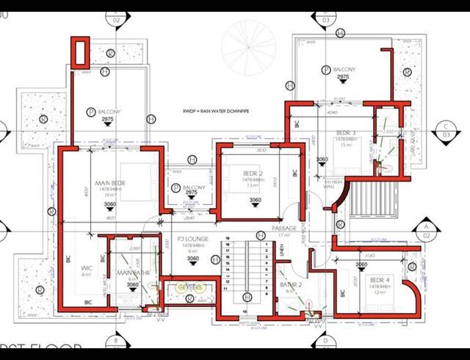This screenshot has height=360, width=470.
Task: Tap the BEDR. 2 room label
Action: click(254, 174)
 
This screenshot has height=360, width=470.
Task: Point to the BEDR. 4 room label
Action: click(380, 280)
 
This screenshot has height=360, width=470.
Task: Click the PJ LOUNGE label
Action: click(193, 239)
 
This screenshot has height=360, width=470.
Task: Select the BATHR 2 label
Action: click(290, 284)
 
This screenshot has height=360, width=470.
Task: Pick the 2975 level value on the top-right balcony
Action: click(343, 76)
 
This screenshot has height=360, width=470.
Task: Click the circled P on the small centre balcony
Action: click(176, 188)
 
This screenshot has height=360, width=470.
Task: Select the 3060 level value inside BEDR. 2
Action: click(255, 201)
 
